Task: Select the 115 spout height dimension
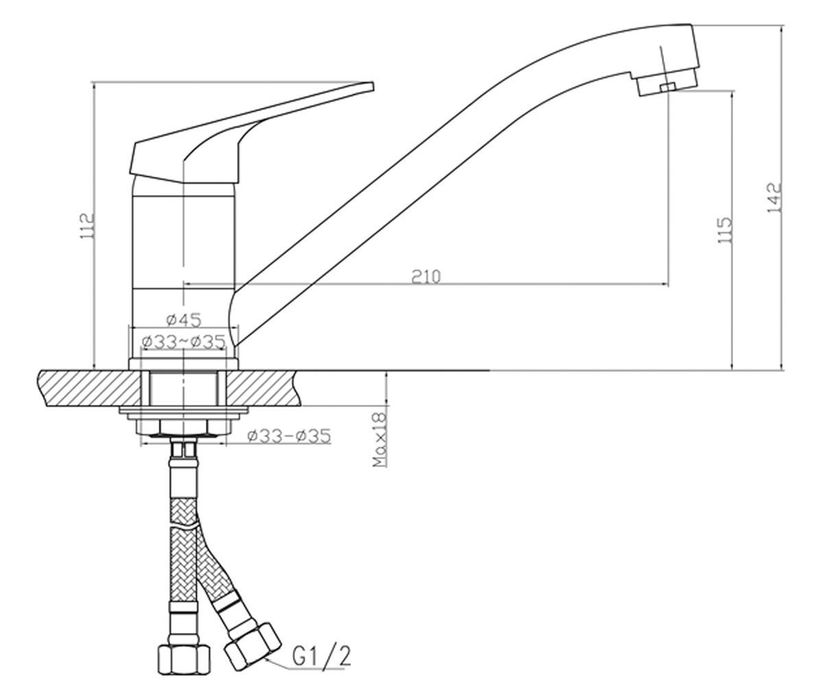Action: (724, 230)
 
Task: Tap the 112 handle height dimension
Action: (86, 226)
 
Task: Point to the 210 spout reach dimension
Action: (426, 276)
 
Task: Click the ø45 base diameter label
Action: (184, 320)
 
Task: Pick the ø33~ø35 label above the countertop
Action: (184, 342)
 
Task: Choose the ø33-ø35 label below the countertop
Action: (289, 436)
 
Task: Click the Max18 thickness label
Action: (379, 440)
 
